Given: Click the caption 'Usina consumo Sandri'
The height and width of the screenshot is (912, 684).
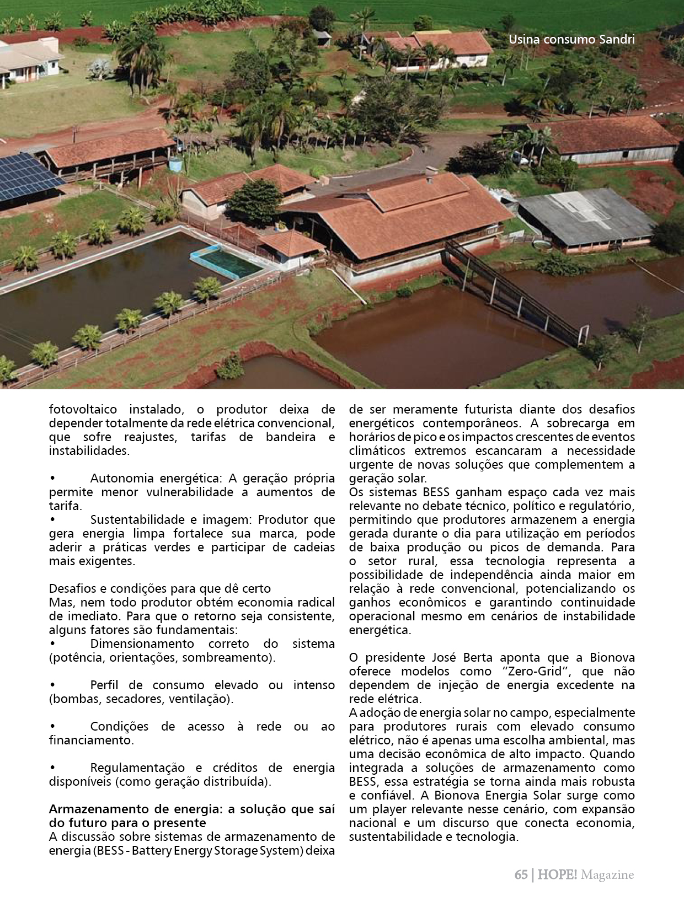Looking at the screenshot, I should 571,40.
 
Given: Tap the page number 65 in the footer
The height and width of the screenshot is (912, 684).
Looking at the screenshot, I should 520,875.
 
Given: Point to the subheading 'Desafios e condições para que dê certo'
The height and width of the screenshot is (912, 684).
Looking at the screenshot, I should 160,589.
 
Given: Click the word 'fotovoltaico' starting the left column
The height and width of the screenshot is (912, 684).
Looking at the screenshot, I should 82,410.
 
